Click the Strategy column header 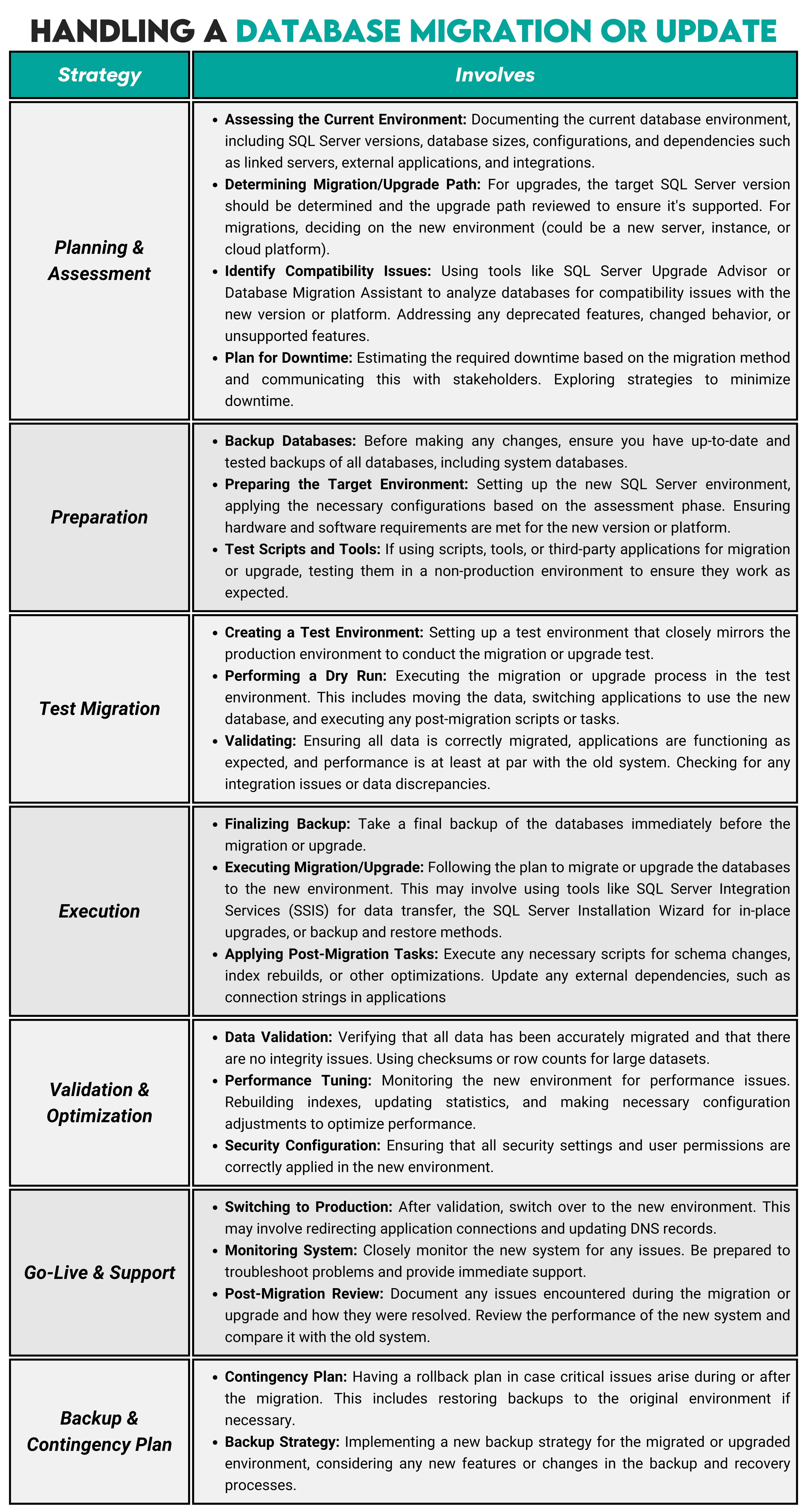[99, 75]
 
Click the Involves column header [494, 75]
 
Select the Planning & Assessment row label [99, 261]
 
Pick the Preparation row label [99, 517]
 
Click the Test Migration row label [99, 708]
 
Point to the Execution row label [99, 911]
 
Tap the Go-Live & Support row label [99, 1273]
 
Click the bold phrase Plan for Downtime [288, 358]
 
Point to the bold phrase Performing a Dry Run [305, 676]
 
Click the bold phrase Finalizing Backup [287, 824]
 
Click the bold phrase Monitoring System [291, 1250]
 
